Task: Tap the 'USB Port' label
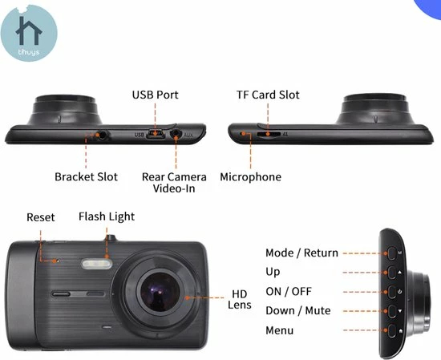[156, 95]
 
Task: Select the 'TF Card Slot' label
[268, 95]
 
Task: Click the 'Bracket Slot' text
[86, 176]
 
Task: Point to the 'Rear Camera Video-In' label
[174, 182]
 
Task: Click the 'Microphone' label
[250, 176]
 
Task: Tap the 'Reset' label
[41, 217]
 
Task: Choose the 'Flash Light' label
[107, 216]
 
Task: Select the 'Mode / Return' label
[301, 253]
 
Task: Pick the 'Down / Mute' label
[297, 310]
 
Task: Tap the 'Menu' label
[280, 330]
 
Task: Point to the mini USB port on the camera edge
[157, 134]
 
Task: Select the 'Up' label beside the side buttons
[273, 272]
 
